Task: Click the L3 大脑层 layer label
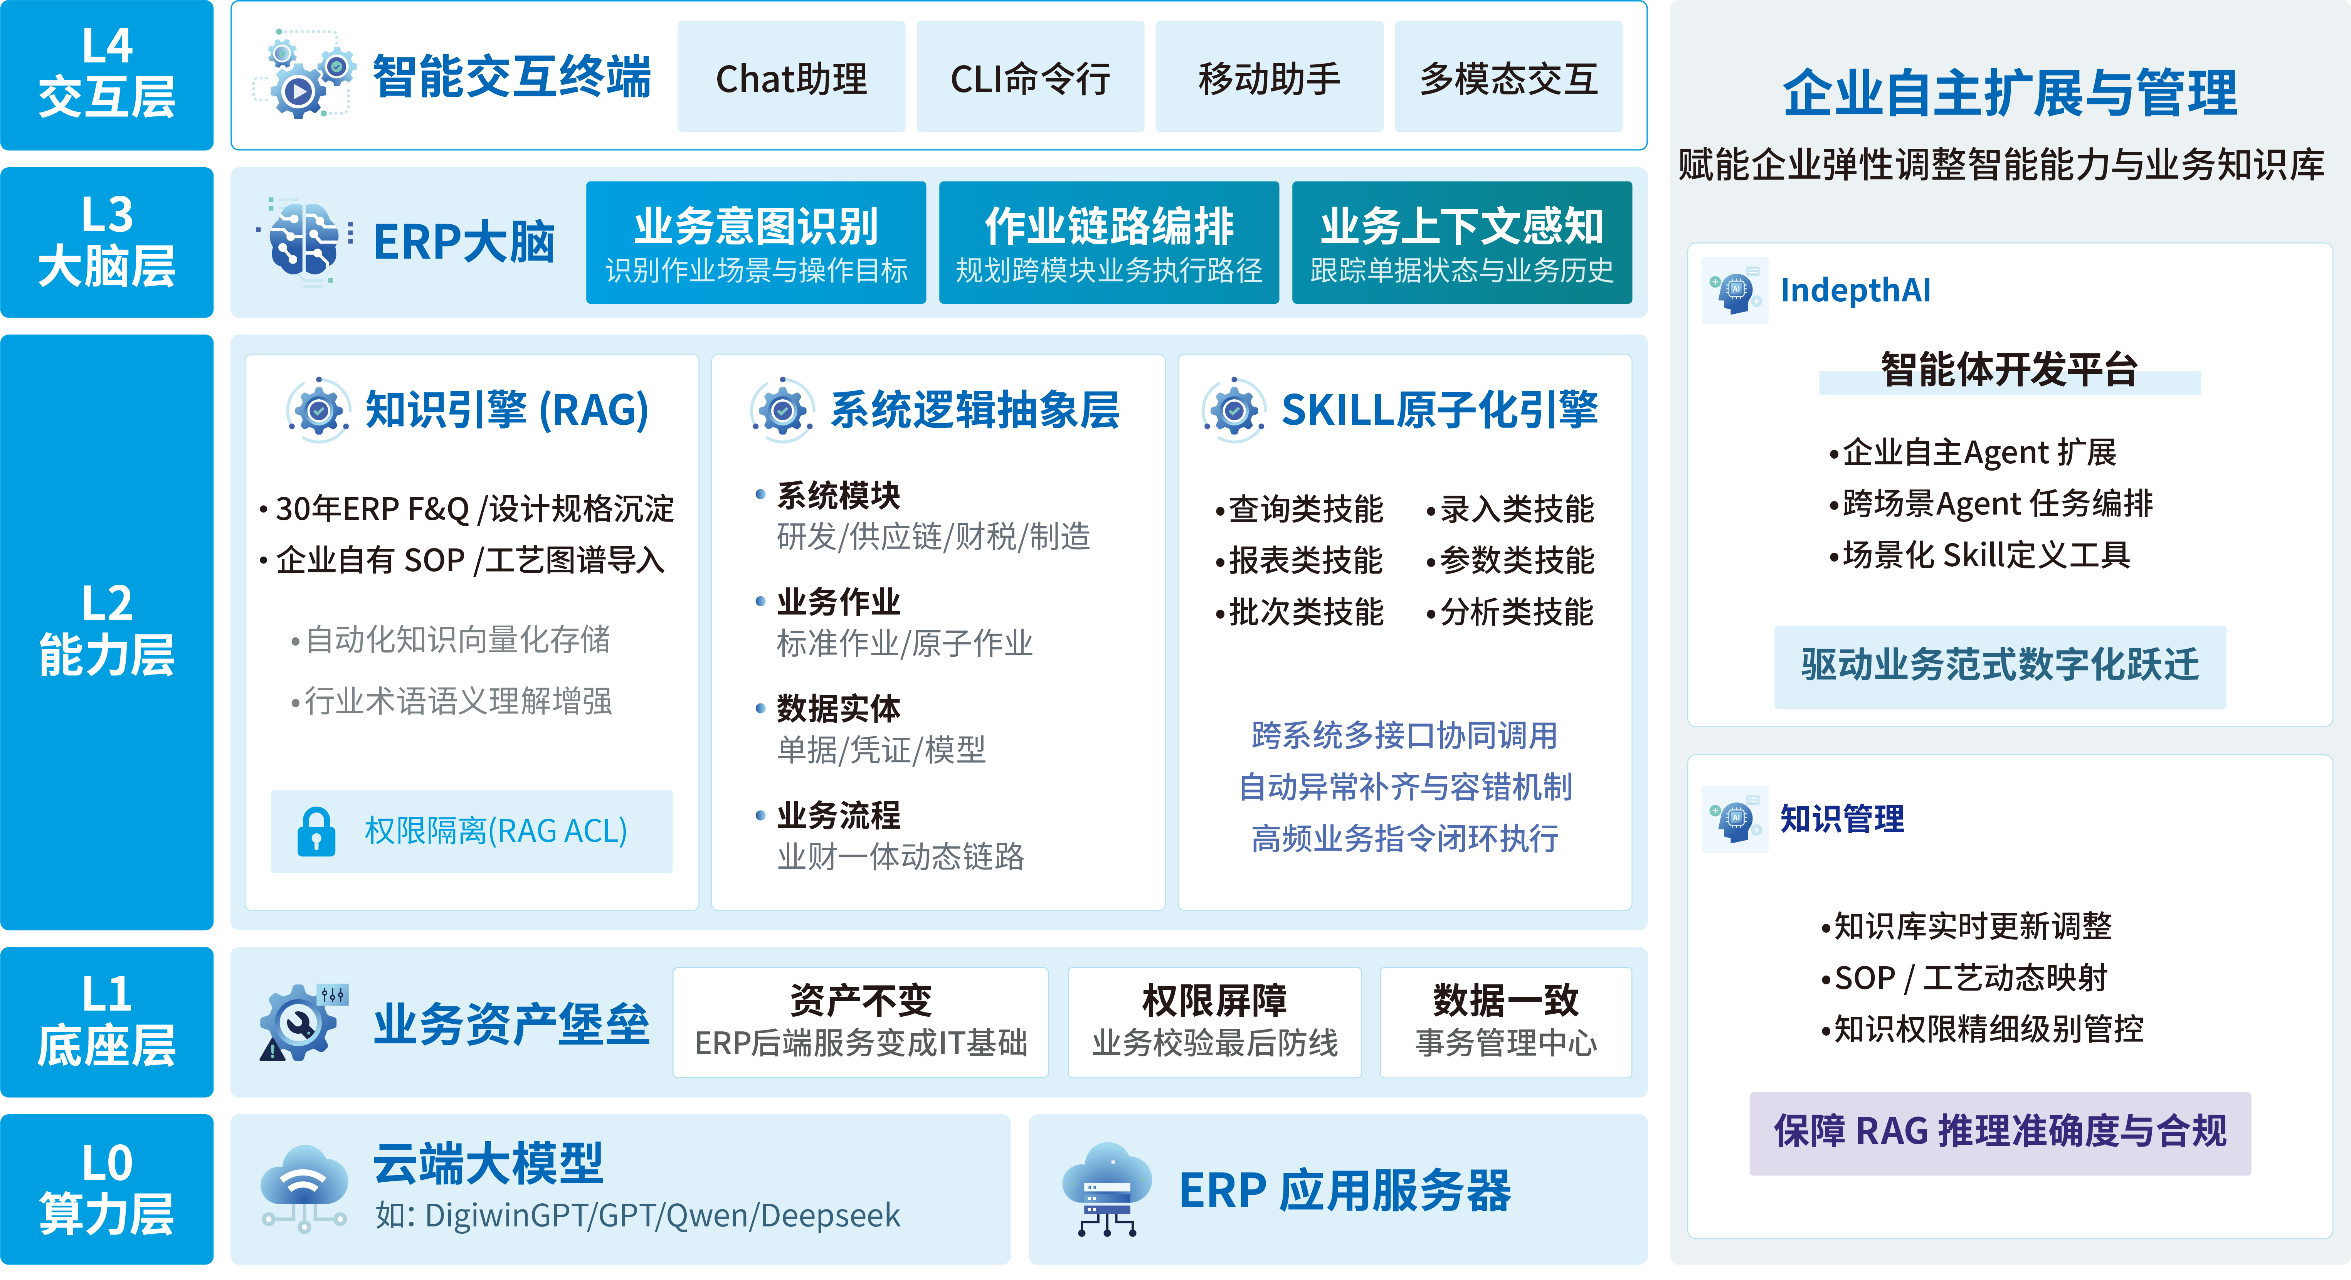[x=107, y=242]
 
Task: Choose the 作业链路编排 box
[x=1109, y=242]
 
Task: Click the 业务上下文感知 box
[x=1462, y=242]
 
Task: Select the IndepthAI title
[x=1855, y=290]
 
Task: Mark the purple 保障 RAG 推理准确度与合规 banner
[x=2000, y=1133]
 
